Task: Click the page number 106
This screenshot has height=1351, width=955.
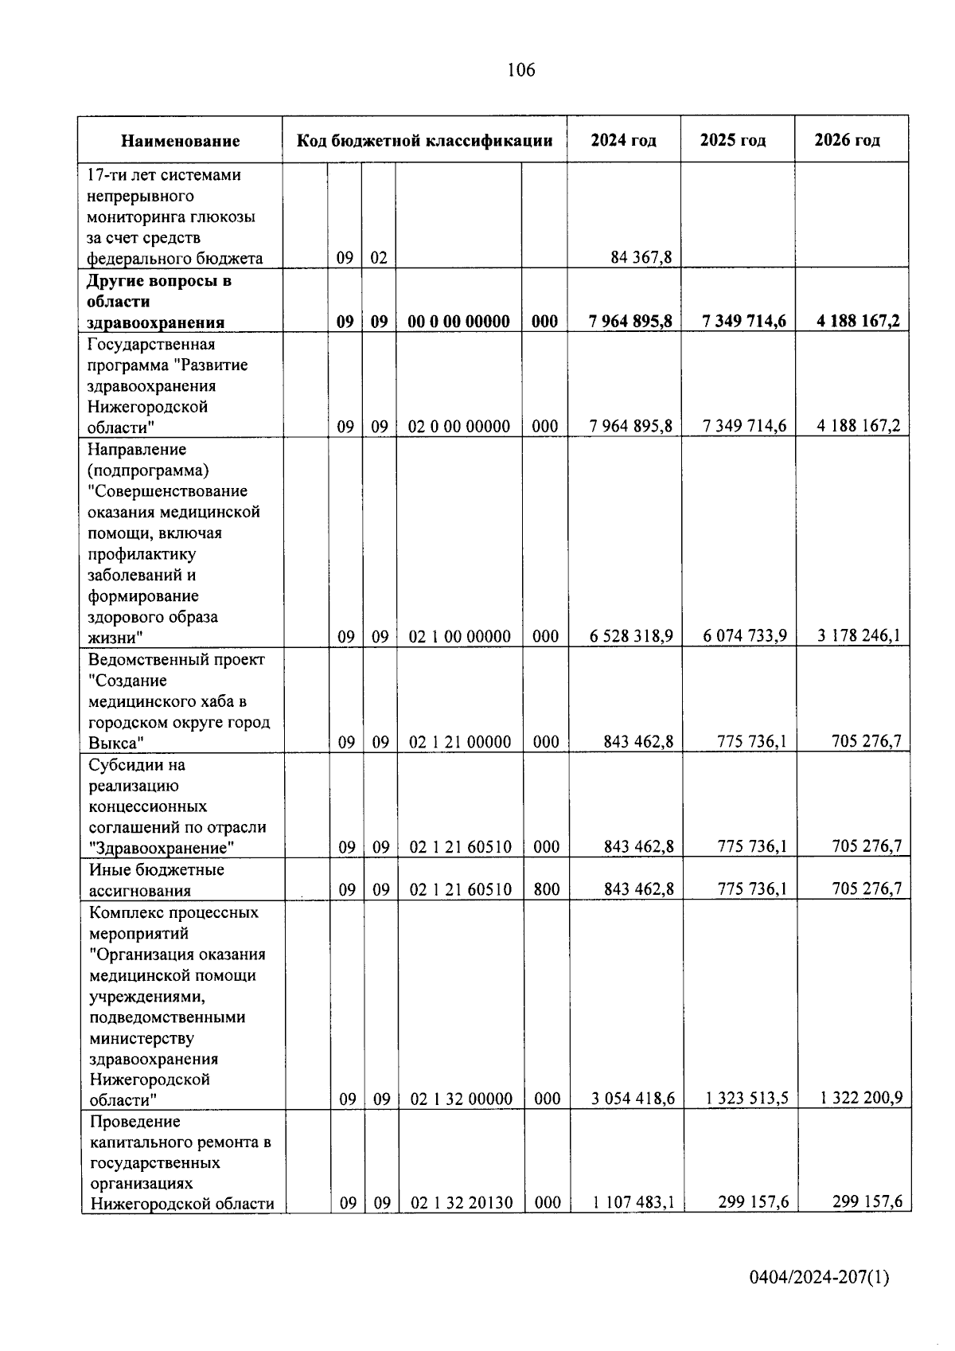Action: click(x=520, y=70)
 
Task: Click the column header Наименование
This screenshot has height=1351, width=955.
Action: click(x=180, y=141)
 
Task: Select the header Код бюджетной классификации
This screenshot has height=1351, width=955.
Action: click(x=424, y=141)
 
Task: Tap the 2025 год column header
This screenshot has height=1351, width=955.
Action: click(x=732, y=140)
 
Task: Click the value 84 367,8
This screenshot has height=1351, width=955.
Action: click(x=641, y=257)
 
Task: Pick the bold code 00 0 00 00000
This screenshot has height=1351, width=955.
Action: click(x=458, y=321)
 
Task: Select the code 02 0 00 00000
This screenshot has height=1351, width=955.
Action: click(x=458, y=426)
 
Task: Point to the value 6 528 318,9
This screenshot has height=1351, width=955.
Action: click(x=631, y=636)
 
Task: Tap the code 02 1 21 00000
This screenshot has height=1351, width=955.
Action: click(x=460, y=742)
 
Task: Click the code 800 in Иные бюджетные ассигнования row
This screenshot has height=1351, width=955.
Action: click(x=546, y=888)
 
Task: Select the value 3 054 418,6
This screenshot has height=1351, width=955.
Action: click(x=633, y=1099)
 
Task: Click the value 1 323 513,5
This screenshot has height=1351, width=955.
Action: click(x=746, y=1099)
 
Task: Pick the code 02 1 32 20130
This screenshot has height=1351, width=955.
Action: click(x=461, y=1203)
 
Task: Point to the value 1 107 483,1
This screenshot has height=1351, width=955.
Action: click(x=633, y=1203)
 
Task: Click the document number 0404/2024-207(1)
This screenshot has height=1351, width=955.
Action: click(x=819, y=1279)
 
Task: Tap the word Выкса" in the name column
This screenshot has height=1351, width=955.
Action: click(x=115, y=744)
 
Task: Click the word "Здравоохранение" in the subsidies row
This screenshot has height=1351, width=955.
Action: click(x=162, y=848)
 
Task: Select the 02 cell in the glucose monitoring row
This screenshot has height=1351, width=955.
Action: click(x=379, y=258)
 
